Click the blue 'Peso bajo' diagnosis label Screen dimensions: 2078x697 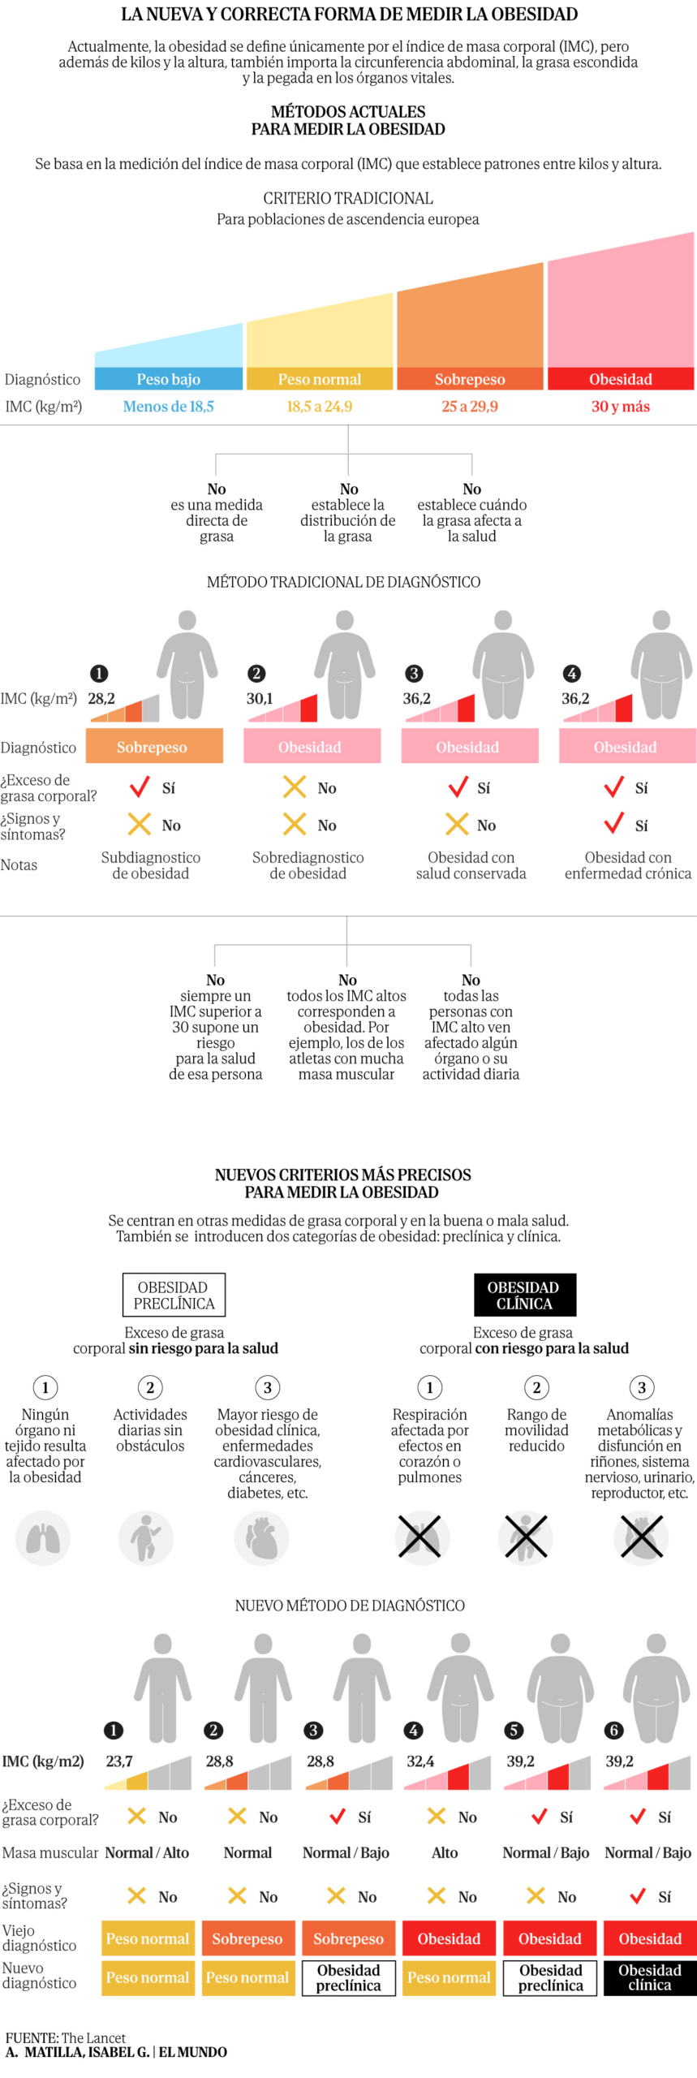168,379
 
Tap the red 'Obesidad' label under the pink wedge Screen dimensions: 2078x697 620,379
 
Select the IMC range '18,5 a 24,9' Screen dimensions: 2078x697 319,407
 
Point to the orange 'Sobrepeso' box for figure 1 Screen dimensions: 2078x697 153,747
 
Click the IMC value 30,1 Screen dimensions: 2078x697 260,698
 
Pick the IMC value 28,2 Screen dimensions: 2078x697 101,698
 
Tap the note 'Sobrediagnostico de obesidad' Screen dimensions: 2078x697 308,865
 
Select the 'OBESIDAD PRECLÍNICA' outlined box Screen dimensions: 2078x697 174,1295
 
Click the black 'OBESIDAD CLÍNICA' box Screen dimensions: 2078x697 524,1295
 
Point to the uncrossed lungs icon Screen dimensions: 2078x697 43,1537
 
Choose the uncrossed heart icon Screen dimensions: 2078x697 262,1537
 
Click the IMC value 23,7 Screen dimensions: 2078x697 118,1761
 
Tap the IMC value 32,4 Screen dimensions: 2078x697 420,1761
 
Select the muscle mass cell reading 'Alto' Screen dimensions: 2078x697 445,1852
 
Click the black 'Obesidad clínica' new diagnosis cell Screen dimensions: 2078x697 649,1977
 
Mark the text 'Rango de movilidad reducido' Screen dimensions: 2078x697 536,1429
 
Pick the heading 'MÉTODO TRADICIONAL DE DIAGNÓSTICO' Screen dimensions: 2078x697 343,582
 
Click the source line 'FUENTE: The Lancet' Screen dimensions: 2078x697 65,2037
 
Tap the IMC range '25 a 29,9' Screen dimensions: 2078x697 469,407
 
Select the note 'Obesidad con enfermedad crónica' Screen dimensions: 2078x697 628,865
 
